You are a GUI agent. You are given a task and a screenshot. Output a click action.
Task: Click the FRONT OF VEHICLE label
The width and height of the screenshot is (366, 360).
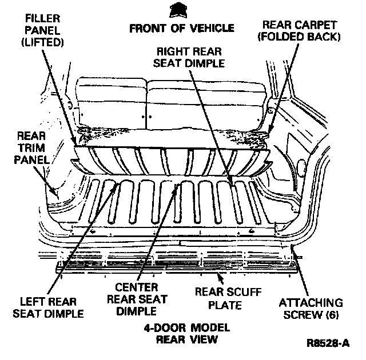(x=182, y=27)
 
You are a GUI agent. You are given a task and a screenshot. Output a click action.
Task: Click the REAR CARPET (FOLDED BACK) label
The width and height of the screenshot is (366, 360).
(x=301, y=31)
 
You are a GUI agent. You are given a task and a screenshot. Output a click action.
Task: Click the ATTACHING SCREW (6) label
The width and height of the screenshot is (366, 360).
(x=309, y=309)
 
